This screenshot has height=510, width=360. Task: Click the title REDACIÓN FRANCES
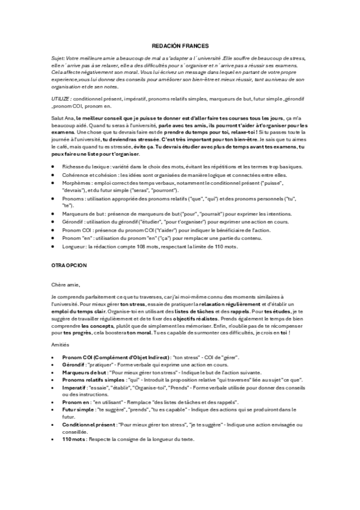(179, 45)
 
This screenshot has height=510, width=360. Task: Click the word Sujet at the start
(58, 58)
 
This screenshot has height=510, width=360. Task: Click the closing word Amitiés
(61, 345)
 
